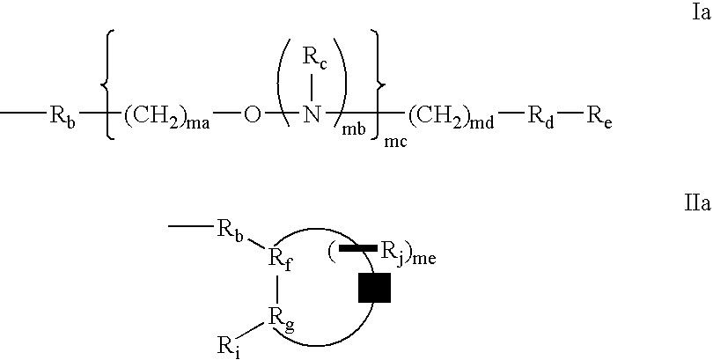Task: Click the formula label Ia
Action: pos(701,13)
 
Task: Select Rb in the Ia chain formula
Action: pos(62,118)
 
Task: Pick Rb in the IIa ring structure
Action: pos(230,231)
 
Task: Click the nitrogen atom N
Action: pos(312,115)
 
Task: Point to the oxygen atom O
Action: pos(253,116)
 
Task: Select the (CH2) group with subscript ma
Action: pos(166,118)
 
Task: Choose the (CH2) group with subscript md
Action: pos(450,118)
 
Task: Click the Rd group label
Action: pos(540,118)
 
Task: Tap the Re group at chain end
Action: pos(599,118)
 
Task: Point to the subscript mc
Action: pos(395,143)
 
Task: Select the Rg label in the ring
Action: pos(281,325)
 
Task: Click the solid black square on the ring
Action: pos(374,287)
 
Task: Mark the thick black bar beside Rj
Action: pos(358,248)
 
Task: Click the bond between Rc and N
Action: pos(312,86)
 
